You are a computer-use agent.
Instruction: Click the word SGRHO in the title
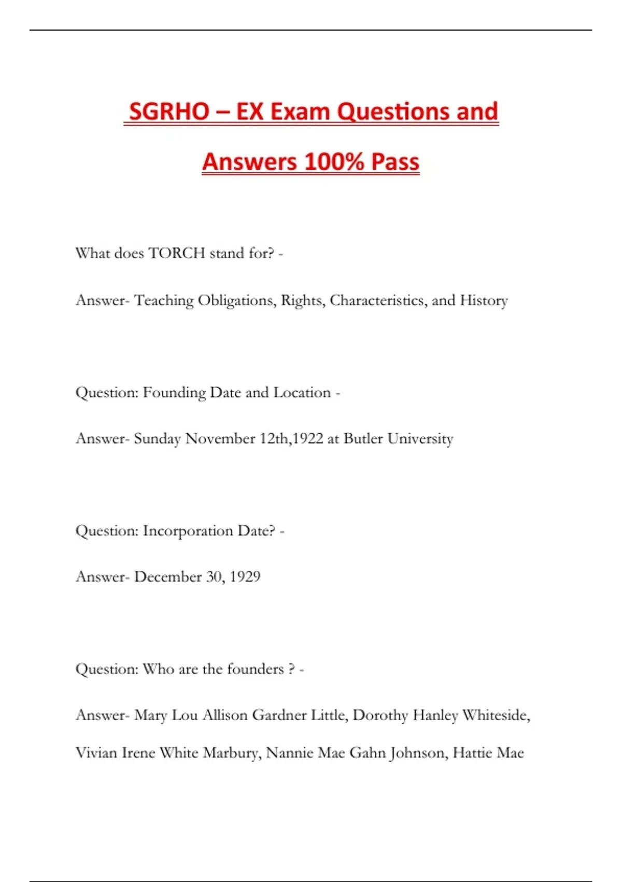pyautogui.click(x=169, y=112)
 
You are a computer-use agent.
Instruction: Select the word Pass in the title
pyautogui.click(x=395, y=161)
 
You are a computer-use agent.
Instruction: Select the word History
pyautogui.click(x=484, y=300)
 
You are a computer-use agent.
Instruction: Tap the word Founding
pyautogui.click(x=174, y=393)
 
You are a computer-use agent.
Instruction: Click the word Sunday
pyautogui.click(x=157, y=439)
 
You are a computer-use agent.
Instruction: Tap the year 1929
pyautogui.click(x=245, y=577)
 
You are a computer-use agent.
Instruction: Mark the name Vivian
pyautogui.click(x=96, y=753)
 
